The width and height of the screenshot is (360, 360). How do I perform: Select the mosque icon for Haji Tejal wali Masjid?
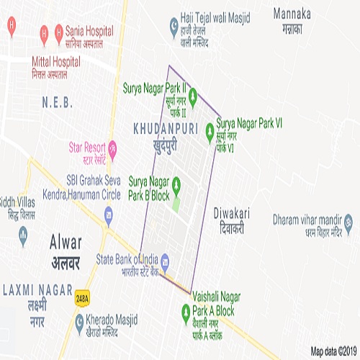[x=174, y=27]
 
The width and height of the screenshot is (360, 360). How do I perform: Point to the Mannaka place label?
[x=292, y=13]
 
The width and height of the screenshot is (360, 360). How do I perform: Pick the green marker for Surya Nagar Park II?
[x=193, y=96]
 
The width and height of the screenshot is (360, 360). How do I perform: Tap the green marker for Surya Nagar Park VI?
[x=210, y=130]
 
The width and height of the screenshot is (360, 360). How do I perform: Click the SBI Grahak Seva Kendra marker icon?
[x=109, y=214]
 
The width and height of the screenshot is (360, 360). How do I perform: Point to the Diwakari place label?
[x=230, y=213]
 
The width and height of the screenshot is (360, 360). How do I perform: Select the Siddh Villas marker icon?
[x=22, y=233]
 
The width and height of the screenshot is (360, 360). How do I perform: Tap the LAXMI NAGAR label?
[x=34, y=289]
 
